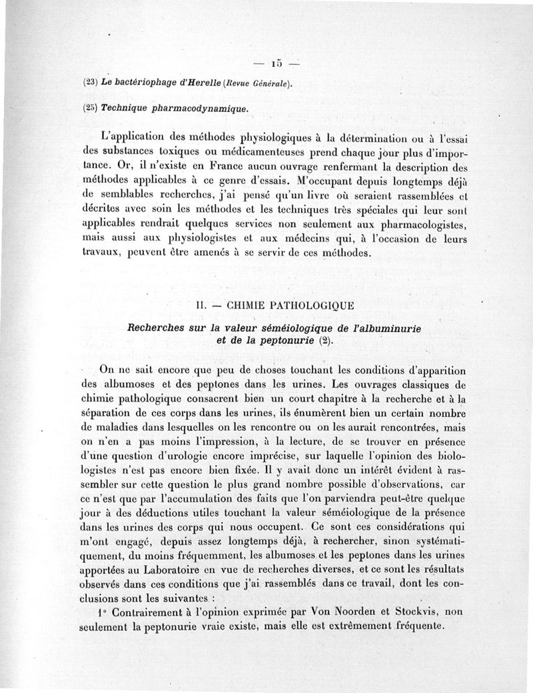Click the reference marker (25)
[91, 107]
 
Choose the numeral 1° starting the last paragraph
[102, 611]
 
